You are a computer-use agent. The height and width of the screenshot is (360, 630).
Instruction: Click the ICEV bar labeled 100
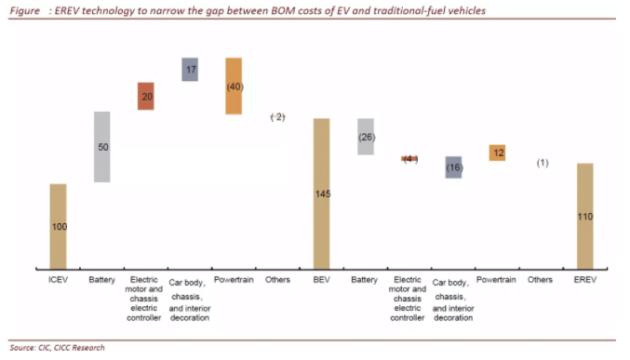58,226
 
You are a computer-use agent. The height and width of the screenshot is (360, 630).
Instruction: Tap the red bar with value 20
145,96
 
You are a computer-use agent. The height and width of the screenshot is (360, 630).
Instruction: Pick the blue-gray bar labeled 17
189,69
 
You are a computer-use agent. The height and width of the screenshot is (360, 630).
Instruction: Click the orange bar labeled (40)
234,86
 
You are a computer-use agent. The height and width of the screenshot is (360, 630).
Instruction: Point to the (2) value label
276,116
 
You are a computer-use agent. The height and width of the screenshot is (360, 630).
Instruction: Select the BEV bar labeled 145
321,193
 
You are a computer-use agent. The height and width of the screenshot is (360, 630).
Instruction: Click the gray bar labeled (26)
366,137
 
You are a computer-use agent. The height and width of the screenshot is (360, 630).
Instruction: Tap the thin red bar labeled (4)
409,159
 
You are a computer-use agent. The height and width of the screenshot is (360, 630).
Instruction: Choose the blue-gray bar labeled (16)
453,167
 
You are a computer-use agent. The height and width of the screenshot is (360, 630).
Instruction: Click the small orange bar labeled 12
497,153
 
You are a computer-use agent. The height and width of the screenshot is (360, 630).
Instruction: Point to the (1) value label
542,163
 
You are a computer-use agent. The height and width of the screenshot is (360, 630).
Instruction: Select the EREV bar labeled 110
585,216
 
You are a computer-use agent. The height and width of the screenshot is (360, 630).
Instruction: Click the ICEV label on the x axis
58,280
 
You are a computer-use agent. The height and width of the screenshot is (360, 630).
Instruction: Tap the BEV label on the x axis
321,280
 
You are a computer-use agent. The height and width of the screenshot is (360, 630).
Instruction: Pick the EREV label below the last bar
585,280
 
